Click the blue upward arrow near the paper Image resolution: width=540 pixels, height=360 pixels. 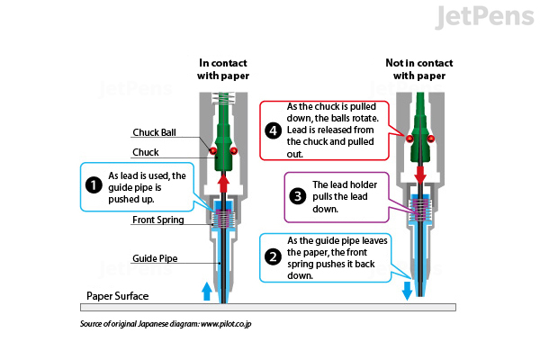click(x=206, y=289)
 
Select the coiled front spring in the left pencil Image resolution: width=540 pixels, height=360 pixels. click(x=224, y=217)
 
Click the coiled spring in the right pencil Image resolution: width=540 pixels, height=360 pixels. click(x=418, y=210)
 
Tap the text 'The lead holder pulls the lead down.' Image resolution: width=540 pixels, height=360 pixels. click(x=345, y=197)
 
